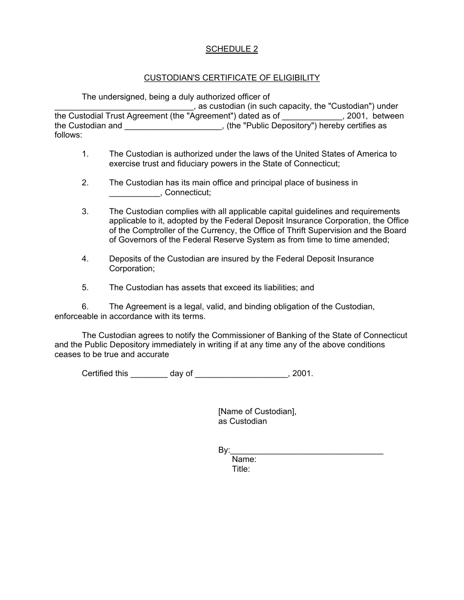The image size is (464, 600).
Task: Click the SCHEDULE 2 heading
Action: click(x=232, y=49)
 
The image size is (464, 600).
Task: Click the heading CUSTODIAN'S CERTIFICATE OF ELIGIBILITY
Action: click(x=232, y=78)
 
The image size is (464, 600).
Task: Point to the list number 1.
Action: click(x=85, y=154)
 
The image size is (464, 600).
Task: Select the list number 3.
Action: click(x=85, y=211)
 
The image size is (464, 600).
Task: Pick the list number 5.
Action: click(x=85, y=287)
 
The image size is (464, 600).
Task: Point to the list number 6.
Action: click(x=85, y=306)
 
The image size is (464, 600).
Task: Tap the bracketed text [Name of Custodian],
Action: click(x=257, y=411)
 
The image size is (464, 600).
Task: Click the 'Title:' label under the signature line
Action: click(x=241, y=469)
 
